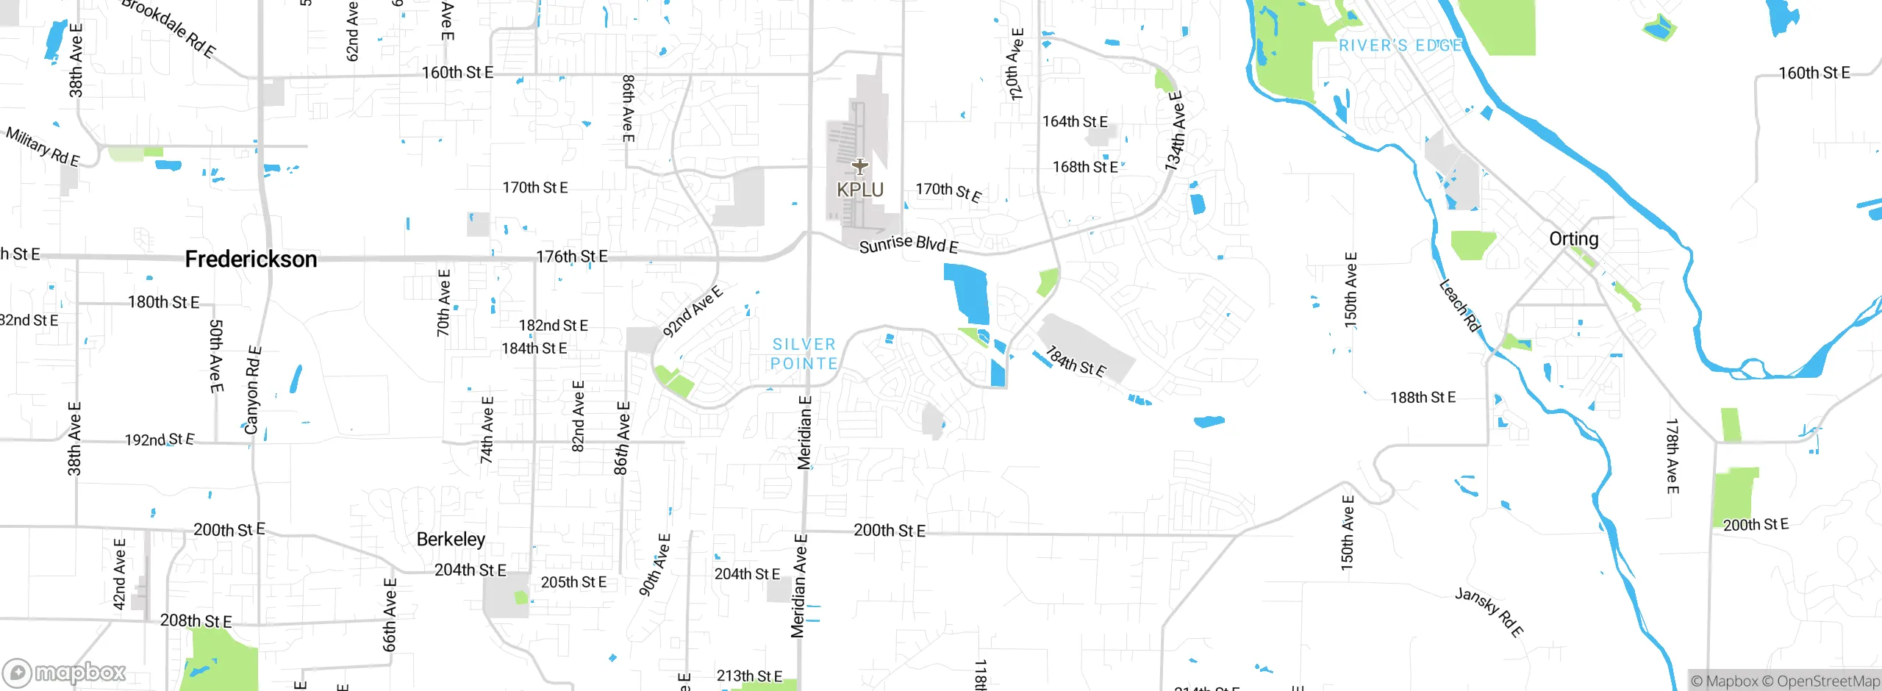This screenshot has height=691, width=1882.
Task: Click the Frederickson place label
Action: click(x=251, y=259)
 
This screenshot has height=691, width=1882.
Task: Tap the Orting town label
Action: click(x=1573, y=239)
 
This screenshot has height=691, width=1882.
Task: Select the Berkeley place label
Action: click(x=451, y=540)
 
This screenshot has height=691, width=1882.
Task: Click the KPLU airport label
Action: click(x=859, y=190)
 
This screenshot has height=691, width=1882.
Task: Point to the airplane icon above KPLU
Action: click(x=859, y=166)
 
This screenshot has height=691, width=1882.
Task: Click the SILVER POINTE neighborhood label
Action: click(x=804, y=354)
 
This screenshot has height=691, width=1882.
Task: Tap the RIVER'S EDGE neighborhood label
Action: click(x=1400, y=46)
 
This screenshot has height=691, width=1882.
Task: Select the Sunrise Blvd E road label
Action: click(x=909, y=244)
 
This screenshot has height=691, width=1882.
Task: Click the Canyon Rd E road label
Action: click(x=252, y=390)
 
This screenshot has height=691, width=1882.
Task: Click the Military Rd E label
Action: click(x=43, y=146)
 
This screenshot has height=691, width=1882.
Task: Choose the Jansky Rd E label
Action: click(x=1489, y=612)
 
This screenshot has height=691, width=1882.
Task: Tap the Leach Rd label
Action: click(x=1459, y=305)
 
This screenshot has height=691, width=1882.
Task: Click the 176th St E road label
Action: click(x=572, y=257)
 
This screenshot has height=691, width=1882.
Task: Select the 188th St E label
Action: click(x=1423, y=398)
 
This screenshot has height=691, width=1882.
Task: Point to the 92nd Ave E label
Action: click(x=693, y=312)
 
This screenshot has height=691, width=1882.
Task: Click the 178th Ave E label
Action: click(x=1672, y=456)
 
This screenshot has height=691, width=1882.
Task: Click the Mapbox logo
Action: click(x=65, y=672)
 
